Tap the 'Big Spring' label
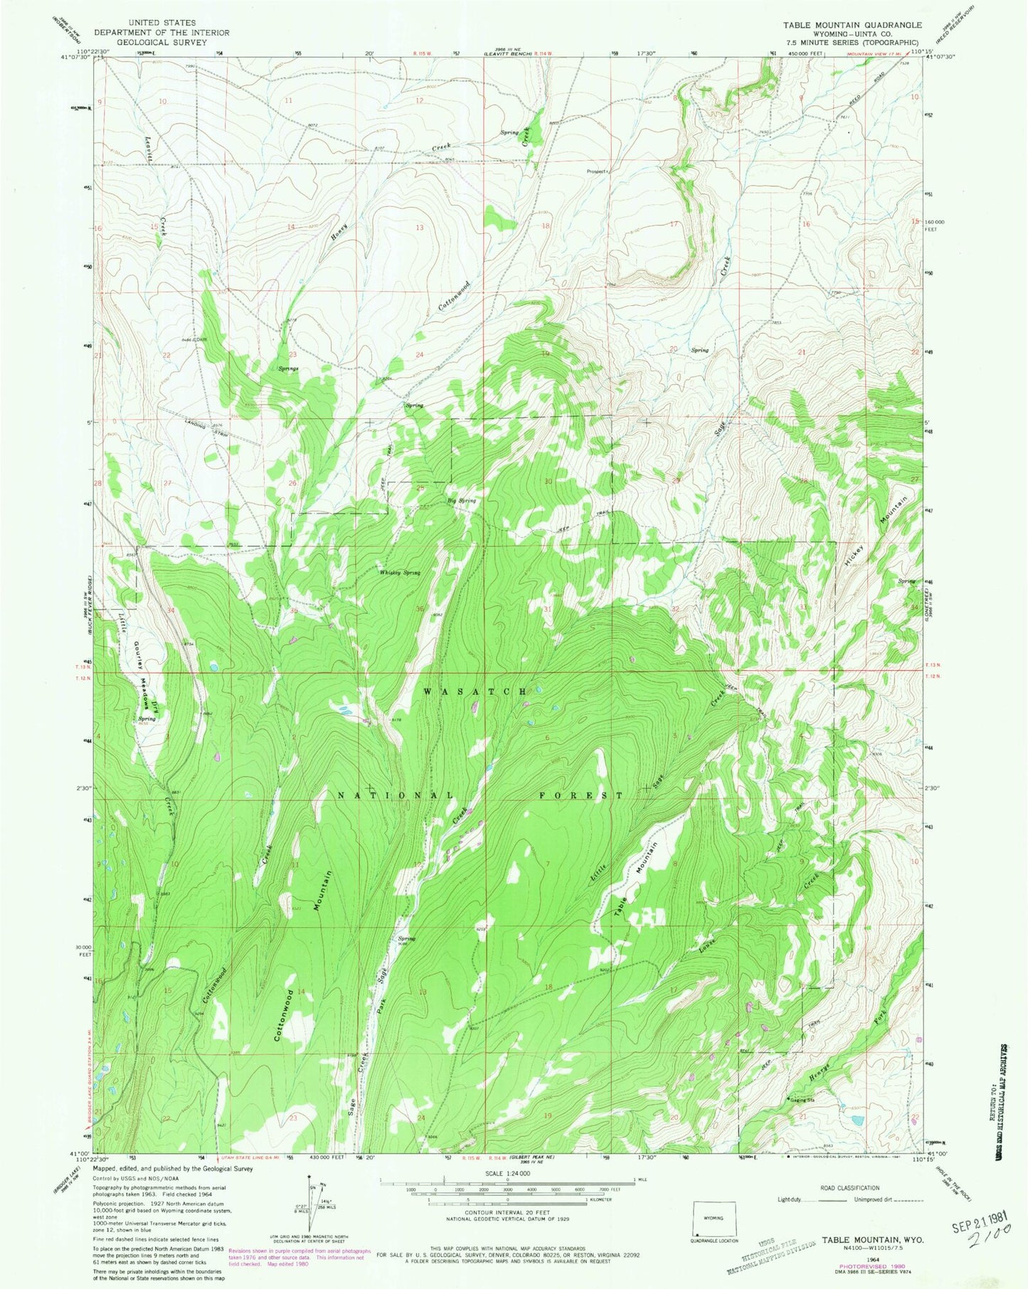(x=461, y=501)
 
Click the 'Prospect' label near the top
(x=595, y=171)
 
